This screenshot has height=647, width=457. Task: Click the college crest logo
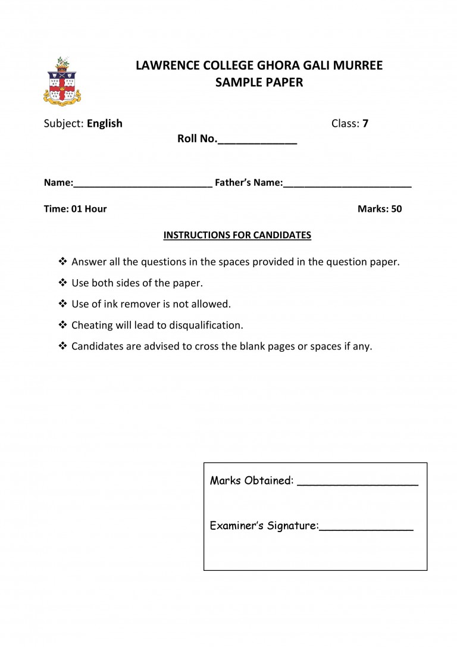pos(61,82)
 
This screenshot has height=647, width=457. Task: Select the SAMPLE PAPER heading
pos(259,83)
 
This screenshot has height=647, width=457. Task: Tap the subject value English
pos(105,124)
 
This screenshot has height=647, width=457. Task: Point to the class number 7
pos(365,124)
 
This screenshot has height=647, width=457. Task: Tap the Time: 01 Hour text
pos(76,209)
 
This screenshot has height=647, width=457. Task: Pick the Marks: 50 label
pos(380,209)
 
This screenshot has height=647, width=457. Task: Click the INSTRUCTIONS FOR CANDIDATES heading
pos(237,235)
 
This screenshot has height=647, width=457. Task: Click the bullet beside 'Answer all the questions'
pos(63,261)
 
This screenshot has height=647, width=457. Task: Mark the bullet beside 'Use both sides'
pos(63,283)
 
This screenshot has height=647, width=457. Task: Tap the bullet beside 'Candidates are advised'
pos(63,346)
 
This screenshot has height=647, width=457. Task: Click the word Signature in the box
pos(292,526)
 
